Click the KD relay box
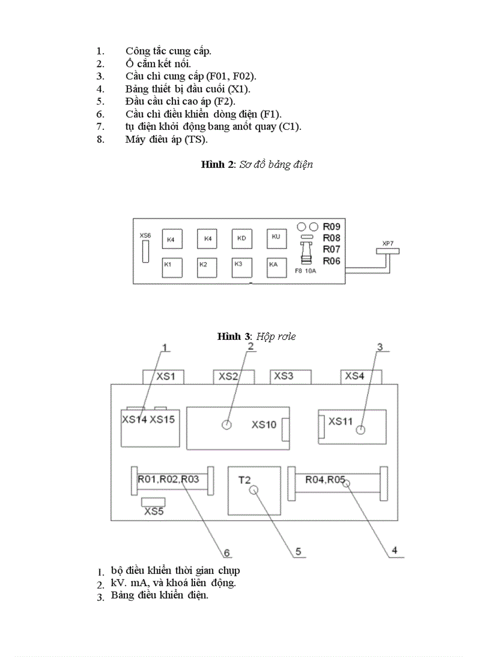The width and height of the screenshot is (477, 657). click(241, 239)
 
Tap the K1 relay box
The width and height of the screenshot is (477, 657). click(172, 267)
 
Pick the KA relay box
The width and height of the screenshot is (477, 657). click(276, 267)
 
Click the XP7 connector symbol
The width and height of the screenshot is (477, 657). click(388, 250)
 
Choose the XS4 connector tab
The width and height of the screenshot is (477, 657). click(361, 376)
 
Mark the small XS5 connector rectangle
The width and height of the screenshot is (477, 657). click(154, 502)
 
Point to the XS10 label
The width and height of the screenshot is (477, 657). click(264, 425)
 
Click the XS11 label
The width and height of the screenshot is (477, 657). click(340, 421)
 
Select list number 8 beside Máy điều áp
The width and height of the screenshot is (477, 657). click(101, 139)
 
